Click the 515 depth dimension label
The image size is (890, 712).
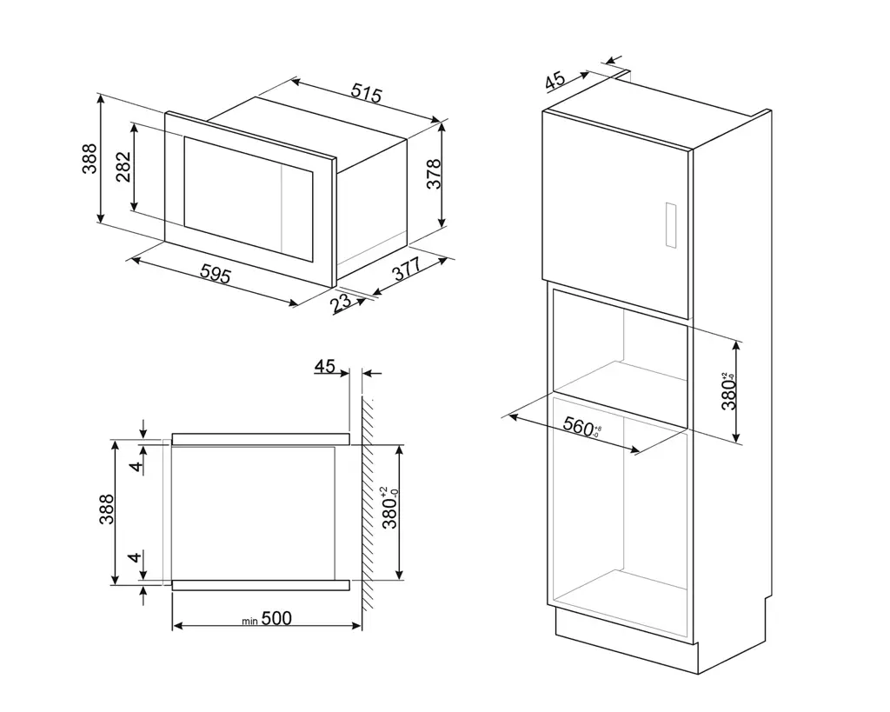[x=366, y=93]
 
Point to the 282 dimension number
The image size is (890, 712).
[x=123, y=166]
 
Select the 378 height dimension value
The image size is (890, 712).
[x=435, y=174]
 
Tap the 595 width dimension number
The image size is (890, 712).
[x=215, y=275]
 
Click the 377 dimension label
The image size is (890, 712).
[x=406, y=270]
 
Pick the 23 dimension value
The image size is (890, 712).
[x=342, y=303]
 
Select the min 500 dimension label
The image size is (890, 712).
[x=266, y=618]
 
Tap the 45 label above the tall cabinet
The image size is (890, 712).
[x=555, y=81]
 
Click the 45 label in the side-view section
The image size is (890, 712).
[x=325, y=367]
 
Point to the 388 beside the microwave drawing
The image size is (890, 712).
[x=90, y=158]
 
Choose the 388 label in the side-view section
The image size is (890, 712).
[x=106, y=510]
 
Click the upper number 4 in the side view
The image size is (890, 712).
[x=135, y=466]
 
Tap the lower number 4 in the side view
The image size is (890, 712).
[x=135, y=557]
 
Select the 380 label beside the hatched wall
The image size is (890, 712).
[x=390, y=509]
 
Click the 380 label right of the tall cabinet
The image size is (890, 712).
[x=728, y=389]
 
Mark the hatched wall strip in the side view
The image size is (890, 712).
[x=368, y=504]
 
